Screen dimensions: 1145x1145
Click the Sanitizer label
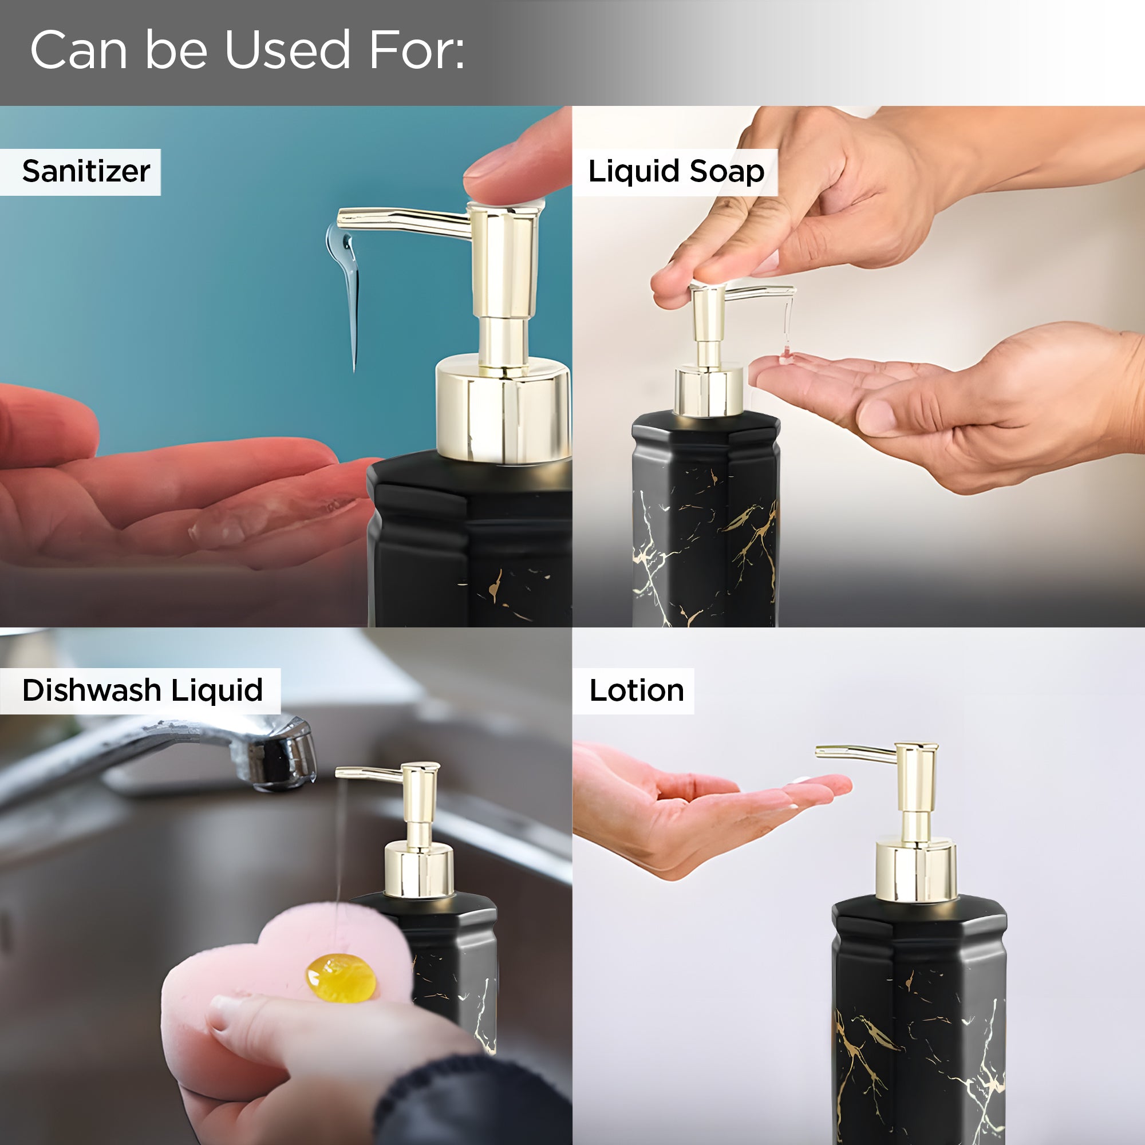tap(86, 171)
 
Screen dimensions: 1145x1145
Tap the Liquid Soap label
tap(676, 171)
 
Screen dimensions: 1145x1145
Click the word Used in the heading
tap(287, 50)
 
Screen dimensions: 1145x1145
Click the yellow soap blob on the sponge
tap(340, 978)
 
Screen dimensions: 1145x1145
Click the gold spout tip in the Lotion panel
tap(821, 752)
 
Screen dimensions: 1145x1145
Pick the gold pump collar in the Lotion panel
tap(916, 871)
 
